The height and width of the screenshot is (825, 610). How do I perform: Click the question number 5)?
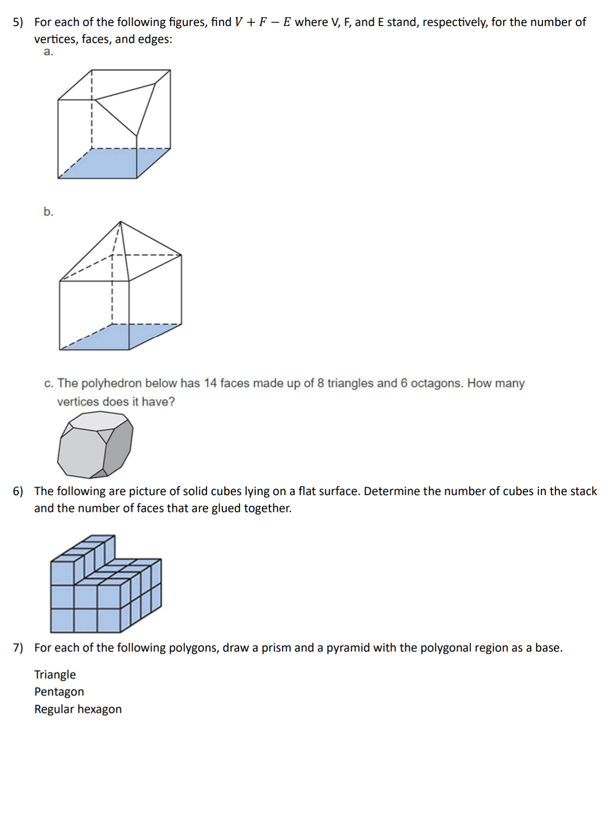pyautogui.click(x=17, y=22)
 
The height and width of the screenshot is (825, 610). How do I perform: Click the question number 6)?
pyautogui.click(x=17, y=491)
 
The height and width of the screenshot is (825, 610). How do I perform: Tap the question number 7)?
pyautogui.click(x=17, y=648)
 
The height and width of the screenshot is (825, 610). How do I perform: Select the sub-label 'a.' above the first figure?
pyautogui.click(x=48, y=52)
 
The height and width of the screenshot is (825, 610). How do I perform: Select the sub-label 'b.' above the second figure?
pyautogui.click(x=48, y=212)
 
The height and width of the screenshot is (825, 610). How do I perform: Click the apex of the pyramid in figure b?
pyautogui.click(x=121, y=222)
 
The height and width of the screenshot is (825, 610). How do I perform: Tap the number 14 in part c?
pyautogui.click(x=210, y=383)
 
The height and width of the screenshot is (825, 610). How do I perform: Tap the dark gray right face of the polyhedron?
pyautogui.click(x=119, y=447)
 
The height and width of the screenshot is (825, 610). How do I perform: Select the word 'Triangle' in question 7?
pyautogui.click(x=55, y=675)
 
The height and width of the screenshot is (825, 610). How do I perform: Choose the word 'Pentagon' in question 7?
pyautogui.click(x=59, y=692)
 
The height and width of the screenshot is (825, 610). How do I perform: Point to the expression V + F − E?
pyautogui.click(x=263, y=22)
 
